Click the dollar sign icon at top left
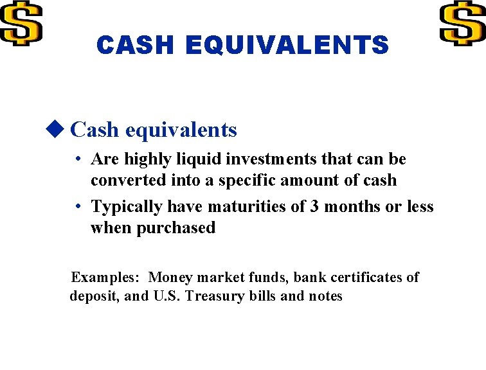coord(21,22)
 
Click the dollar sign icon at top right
coord(463,22)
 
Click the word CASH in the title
coord(135,45)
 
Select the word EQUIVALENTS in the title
coord(287,45)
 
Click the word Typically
coord(127,207)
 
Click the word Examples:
coord(105,277)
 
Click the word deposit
coord(94,296)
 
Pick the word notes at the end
coord(325,296)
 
